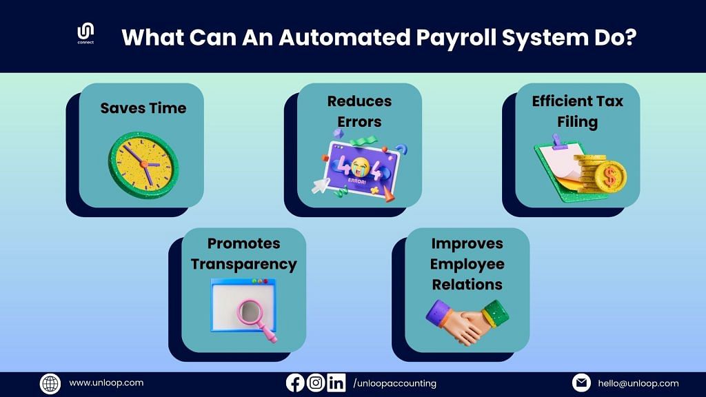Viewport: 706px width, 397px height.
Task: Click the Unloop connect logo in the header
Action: [85, 33]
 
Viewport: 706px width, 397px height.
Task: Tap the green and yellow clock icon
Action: [143, 165]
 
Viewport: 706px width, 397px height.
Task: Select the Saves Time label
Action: [143, 108]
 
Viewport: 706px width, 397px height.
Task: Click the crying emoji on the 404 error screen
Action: [360, 167]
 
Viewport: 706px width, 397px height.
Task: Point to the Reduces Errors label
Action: [359, 111]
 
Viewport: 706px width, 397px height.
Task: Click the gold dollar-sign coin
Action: [611, 176]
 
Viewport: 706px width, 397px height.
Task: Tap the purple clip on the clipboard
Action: [557, 141]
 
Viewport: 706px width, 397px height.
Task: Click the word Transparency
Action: [243, 264]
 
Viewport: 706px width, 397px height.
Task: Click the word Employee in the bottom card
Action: [467, 264]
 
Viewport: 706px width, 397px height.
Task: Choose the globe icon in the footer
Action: [50, 384]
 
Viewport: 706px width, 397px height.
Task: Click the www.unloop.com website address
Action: [106, 383]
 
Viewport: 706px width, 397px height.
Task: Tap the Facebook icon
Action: [295, 383]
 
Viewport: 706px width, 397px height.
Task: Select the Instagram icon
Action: [316, 383]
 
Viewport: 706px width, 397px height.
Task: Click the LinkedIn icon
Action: [336, 383]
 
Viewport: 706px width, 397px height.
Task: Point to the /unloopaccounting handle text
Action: [395, 383]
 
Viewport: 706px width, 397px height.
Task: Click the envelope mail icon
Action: [581, 383]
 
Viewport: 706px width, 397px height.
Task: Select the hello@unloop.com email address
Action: [638, 383]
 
